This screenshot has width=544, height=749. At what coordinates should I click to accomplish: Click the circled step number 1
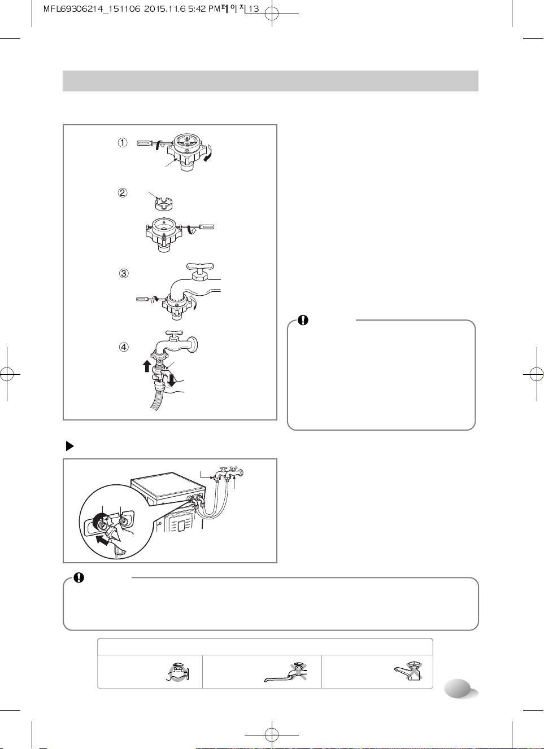pos(122,143)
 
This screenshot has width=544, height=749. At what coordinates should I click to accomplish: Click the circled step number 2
pos(123,193)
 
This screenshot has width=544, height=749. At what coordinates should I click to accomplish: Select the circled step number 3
pos(124,274)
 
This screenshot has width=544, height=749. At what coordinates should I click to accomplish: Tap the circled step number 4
pos(124,347)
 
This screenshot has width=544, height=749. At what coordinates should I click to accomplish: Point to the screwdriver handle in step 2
pos(206,227)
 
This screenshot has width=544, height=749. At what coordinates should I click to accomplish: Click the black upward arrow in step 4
pos(147,366)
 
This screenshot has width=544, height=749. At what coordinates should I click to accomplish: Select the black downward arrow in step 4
pos(172,379)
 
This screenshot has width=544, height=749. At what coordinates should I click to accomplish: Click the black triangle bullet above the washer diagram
pos(69,446)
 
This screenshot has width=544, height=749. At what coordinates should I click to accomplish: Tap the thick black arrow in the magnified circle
pos(103,540)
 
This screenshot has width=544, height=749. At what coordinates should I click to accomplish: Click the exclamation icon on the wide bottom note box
pos(79,578)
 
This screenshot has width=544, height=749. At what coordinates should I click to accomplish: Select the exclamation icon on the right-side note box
pos(303,320)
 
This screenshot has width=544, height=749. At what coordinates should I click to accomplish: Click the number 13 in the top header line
pos(254,9)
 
